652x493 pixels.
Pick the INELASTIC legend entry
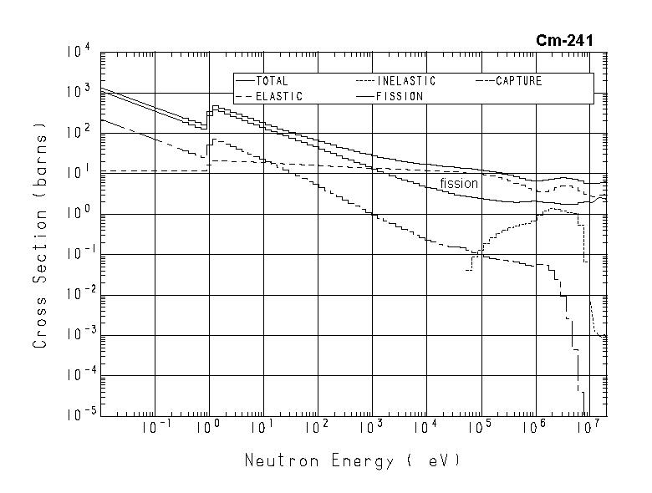(406, 82)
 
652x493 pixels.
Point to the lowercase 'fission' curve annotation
(459, 184)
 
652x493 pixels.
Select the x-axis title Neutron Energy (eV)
(352, 460)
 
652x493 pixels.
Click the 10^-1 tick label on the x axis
(155, 429)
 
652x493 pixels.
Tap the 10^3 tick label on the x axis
(372, 429)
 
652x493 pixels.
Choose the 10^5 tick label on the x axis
(481, 429)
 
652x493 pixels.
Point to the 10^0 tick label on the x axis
(209, 429)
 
